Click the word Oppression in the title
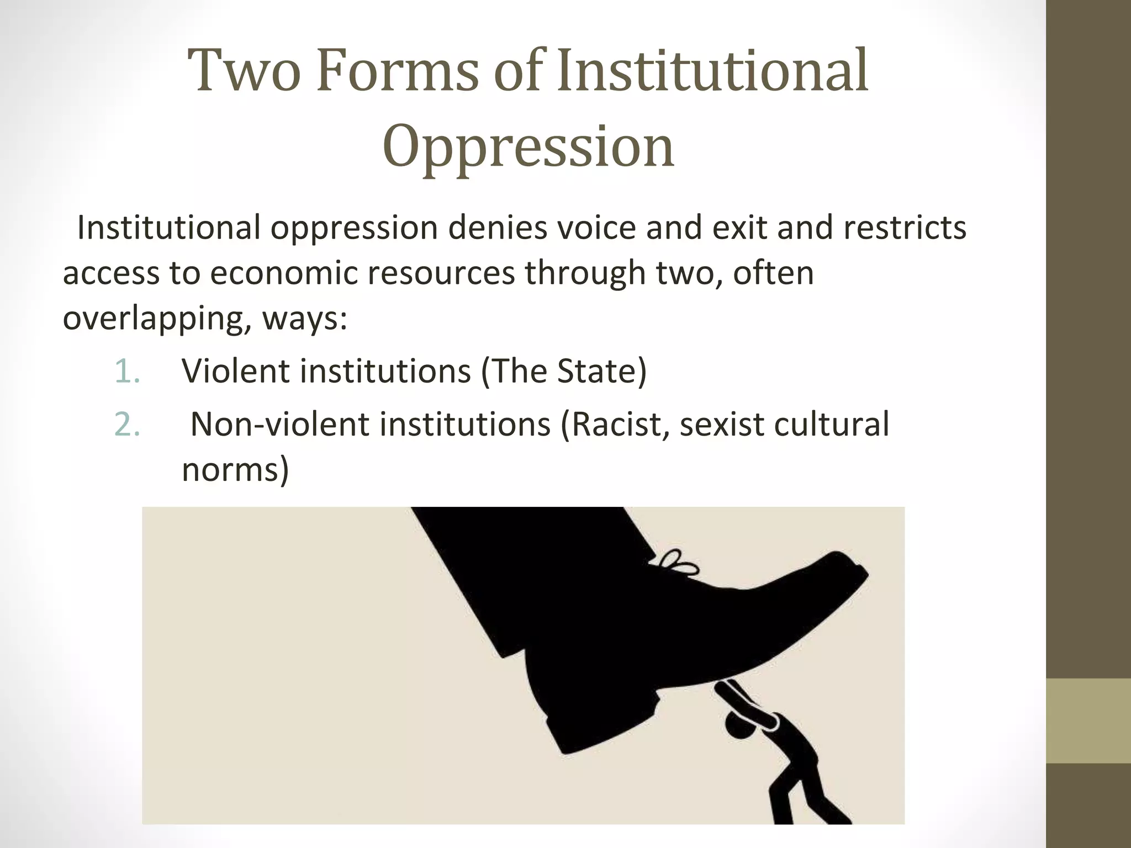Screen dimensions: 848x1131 [x=528, y=147]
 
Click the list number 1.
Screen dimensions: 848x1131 [x=128, y=371]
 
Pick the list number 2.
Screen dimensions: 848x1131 [x=128, y=425]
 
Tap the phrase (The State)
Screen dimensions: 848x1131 [x=563, y=371]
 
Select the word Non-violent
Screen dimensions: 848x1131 [x=279, y=425]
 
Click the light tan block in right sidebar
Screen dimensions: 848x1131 [x=1088, y=720]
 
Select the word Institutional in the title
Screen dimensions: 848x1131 [x=712, y=72]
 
